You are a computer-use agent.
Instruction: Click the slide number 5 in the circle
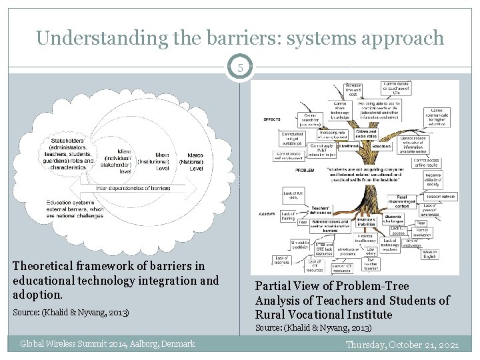(x=240, y=67)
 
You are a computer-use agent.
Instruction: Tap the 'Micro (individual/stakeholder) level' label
(x=124, y=161)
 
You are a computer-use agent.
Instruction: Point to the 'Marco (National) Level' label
(x=195, y=161)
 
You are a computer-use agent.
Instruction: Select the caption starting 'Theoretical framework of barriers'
(x=116, y=279)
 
